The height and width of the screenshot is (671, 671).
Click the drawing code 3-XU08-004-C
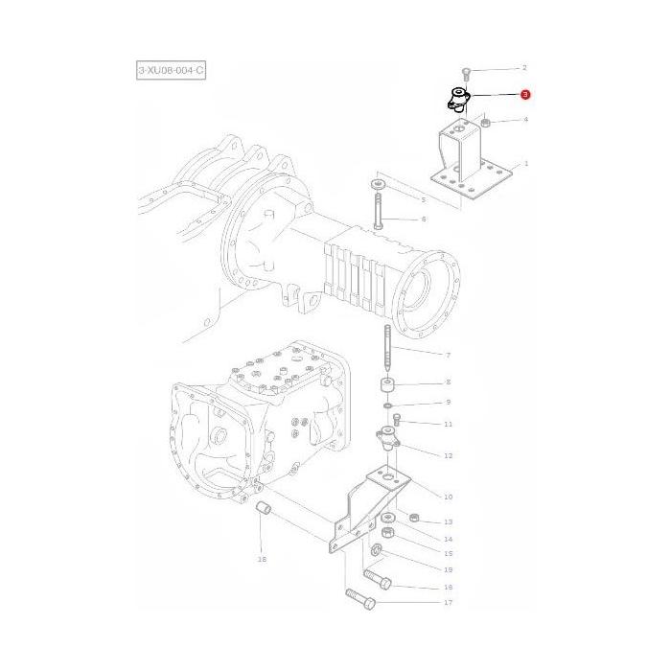(x=171, y=70)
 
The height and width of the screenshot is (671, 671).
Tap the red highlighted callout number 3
(x=524, y=95)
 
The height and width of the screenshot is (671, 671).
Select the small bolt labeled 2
(x=465, y=74)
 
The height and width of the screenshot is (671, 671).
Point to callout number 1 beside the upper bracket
(x=525, y=164)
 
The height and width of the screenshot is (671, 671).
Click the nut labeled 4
(x=486, y=124)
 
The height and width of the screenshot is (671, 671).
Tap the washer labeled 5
(x=377, y=182)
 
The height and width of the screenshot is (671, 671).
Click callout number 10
(x=448, y=497)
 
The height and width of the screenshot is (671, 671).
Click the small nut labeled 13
(x=413, y=519)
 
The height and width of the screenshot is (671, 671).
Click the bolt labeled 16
(x=378, y=580)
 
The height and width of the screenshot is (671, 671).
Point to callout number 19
(x=448, y=568)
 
